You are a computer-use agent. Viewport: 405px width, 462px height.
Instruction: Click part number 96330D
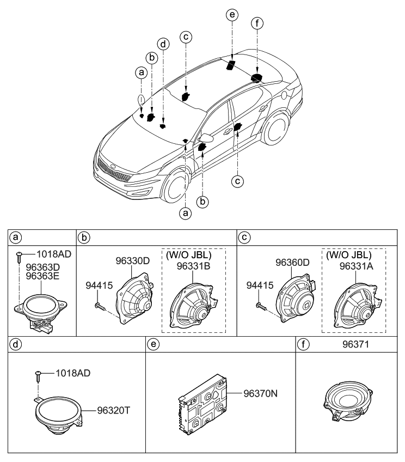(x=133, y=261)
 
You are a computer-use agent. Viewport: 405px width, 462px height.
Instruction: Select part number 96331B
(x=193, y=266)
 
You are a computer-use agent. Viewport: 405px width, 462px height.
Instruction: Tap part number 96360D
(x=292, y=261)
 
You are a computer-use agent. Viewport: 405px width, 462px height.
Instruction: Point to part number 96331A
(x=357, y=266)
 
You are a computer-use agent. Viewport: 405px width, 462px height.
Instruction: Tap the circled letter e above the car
(x=232, y=16)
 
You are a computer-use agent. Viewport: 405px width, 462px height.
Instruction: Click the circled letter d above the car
(x=162, y=43)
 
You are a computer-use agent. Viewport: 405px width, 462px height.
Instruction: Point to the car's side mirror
(x=207, y=136)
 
